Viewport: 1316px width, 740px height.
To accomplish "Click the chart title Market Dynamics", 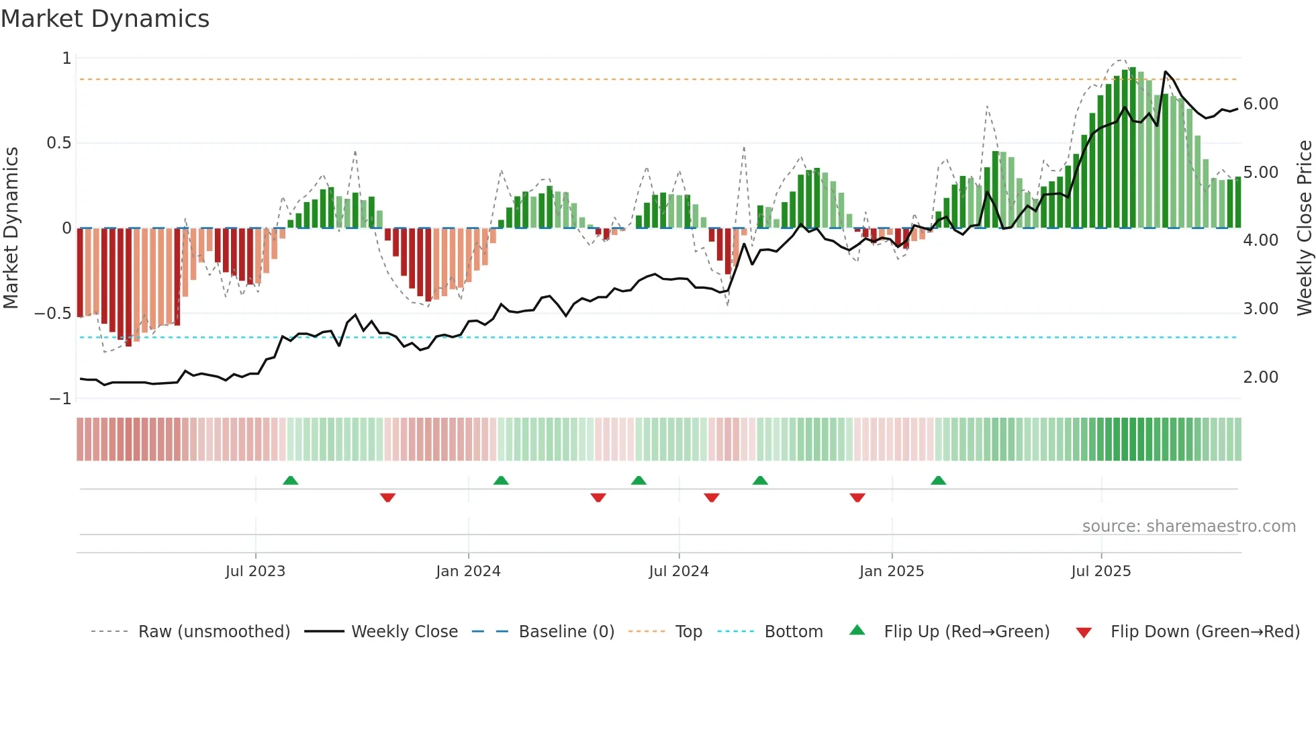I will [105, 19].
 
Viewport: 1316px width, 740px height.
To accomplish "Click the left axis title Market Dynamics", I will [11, 228].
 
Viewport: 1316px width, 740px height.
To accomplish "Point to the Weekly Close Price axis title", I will [1304, 228].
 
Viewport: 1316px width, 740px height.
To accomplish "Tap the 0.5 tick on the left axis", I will [58, 143].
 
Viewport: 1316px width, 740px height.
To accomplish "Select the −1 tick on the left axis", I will [60, 399].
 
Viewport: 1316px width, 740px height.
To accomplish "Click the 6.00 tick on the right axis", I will [1260, 104].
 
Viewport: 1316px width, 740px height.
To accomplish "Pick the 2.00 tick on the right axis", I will [1260, 377].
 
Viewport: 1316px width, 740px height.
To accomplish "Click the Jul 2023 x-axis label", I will [255, 571].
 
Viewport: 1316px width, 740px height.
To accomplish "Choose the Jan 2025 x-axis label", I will [892, 571].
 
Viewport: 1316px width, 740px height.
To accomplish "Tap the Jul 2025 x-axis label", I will [1101, 571].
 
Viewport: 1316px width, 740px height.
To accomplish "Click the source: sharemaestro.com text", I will [1188, 526].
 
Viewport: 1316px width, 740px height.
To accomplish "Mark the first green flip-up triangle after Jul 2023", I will [290, 481].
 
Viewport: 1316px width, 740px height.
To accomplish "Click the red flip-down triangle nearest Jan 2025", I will [857, 498].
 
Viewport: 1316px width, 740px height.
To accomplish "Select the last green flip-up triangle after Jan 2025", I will [938, 481].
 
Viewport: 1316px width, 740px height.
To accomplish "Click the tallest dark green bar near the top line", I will [1133, 148].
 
